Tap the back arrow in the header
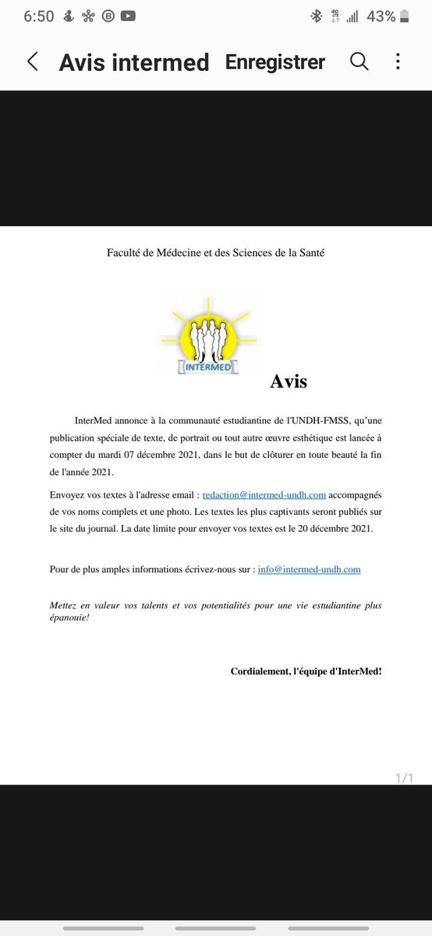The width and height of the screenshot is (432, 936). click(33, 62)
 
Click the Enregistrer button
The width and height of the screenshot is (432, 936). click(275, 62)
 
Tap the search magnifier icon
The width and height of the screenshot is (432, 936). click(359, 62)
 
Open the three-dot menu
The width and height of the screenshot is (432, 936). click(398, 62)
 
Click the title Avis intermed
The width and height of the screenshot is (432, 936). click(134, 63)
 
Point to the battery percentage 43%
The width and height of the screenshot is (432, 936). click(381, 16)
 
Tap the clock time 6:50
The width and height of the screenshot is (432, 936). click(27, 16)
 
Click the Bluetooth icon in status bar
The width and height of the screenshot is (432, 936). click(317, 16)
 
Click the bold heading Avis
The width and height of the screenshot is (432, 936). click(289, 382)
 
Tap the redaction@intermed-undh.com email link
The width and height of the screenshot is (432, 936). click(264, 495)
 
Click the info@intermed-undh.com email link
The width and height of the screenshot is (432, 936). click(309, 569)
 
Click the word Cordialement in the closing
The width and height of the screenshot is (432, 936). click(260, 671)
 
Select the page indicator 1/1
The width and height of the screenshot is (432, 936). click(403, 778)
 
